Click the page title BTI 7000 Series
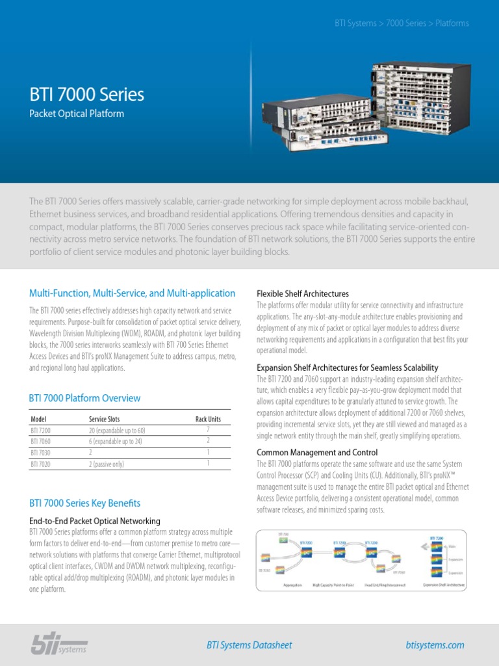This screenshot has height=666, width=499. [87, 94]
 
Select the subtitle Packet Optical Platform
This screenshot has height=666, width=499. [77, 114]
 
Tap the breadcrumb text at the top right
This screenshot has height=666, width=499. [402, 23]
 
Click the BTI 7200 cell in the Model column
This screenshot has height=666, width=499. [41, 431]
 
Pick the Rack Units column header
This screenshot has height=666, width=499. [208, 420]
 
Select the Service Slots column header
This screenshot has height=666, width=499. [104, 420]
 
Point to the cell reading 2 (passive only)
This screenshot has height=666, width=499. [115, 464]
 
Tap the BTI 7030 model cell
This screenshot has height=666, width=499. [41, 453]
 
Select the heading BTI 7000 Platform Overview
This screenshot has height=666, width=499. [84, 398]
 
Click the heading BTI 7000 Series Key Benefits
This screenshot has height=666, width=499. [84, 503]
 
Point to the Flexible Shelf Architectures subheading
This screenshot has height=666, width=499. [303, 294]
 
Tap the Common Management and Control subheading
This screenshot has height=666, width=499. [317, 453]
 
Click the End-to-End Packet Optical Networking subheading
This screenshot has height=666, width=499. [95, 522]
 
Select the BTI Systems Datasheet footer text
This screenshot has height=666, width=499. [249, 645]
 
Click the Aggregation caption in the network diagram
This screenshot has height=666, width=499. [292, 585]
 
